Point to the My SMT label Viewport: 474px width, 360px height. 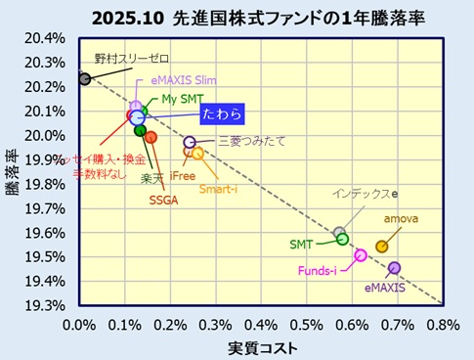point(183,99)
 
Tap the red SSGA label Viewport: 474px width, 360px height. point(163,201)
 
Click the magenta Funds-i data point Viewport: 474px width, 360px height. point(361,255)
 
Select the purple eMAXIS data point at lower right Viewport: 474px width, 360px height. point(394,268)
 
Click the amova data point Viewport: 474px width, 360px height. point(381,247)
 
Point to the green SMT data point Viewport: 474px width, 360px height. point(342,239)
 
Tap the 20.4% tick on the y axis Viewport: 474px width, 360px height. point(48,39)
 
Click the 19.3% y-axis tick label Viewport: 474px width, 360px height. point(48,305)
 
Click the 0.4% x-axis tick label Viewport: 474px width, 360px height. point(261,324)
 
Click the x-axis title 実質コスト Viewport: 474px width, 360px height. point(262,346)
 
